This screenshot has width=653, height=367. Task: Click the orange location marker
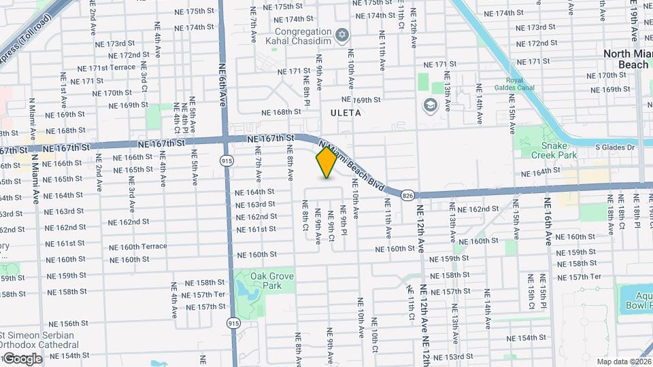coord(326,162)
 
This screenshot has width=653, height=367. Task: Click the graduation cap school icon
coord(430,105)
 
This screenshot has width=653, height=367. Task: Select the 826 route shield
coord(407,194)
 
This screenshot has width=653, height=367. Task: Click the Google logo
coord(22,358)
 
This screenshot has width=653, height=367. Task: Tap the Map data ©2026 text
coord(624,362)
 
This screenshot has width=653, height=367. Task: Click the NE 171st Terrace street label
coord(107,69)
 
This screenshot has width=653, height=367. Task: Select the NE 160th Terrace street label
coord(137,247)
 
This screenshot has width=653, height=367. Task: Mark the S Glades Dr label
coord(614,147)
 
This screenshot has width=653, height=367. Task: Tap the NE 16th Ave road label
coord(548,221)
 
